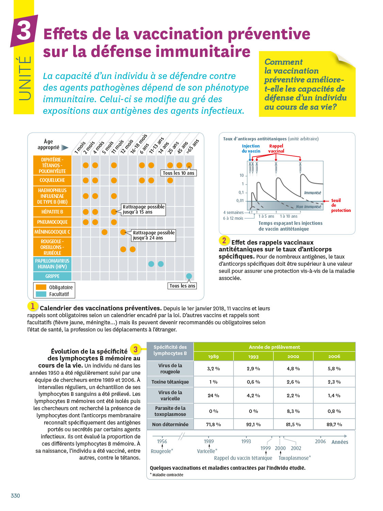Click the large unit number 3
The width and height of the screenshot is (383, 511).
(24, 31)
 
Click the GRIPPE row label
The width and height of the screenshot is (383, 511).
(52, 276)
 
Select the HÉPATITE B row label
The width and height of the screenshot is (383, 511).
(52, 212)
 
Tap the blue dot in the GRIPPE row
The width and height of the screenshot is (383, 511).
(189, 276)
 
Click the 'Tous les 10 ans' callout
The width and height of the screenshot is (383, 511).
(178, 173)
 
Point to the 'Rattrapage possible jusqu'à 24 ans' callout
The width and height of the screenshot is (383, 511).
(154, 235)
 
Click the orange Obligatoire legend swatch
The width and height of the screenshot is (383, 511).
(41, 287)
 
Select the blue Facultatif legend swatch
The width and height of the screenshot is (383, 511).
(41, 294)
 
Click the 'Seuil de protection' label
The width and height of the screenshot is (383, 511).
(340, 205)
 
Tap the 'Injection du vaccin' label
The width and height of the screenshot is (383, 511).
(251, 149)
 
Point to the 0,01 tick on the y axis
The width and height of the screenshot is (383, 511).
(240, 201)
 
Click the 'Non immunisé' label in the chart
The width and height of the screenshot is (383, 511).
(308, 207)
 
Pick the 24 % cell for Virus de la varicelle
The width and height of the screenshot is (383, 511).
(213, 396)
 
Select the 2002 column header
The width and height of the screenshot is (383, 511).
(293, 357)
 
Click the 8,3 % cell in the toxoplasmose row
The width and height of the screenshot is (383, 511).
(293, 411)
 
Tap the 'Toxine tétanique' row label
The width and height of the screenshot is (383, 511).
(170, 382)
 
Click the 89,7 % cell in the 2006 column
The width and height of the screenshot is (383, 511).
(334, 424)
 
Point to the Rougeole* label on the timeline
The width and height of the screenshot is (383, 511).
(162, 451)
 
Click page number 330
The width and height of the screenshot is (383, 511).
(15, 496)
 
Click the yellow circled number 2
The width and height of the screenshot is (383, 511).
(224, 241)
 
